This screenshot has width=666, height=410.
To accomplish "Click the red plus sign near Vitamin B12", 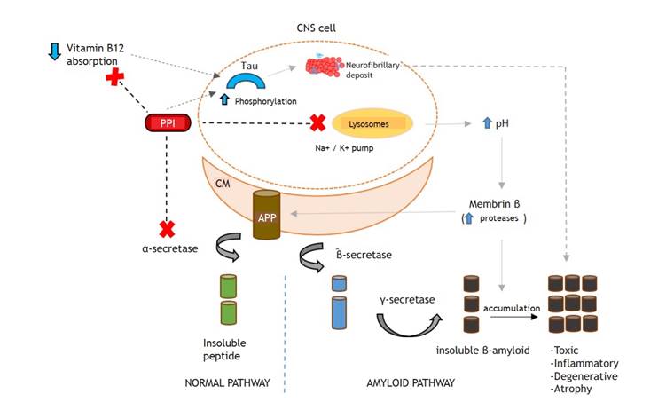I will pyautogui.click(x=114, y=78).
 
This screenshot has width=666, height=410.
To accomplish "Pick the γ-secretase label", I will pyautogui.click(x=407, y=300).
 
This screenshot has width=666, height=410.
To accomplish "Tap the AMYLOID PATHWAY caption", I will pyautogui.click(x=411, y=383).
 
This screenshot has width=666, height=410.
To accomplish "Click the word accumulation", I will pyautogui.click(x=512, y=309).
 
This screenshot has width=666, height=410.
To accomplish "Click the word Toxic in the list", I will pyautogui.click(x=568, y=350).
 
